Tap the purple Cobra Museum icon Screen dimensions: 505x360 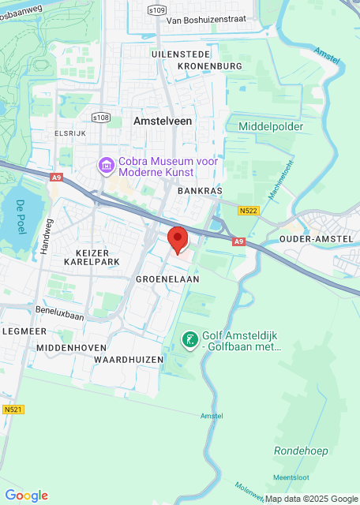[x=104, y=166]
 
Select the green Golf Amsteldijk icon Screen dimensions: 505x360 [x=189, y=340]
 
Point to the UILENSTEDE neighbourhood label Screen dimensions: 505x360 [x=182, y=53]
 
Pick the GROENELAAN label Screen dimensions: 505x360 [x=167, y=279]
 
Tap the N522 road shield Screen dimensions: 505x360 [x=249, y=211]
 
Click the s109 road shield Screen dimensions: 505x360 [x=158, y=10]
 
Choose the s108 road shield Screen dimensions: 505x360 [x=100, y=118]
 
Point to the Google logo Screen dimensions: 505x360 [x=26, y=495]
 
